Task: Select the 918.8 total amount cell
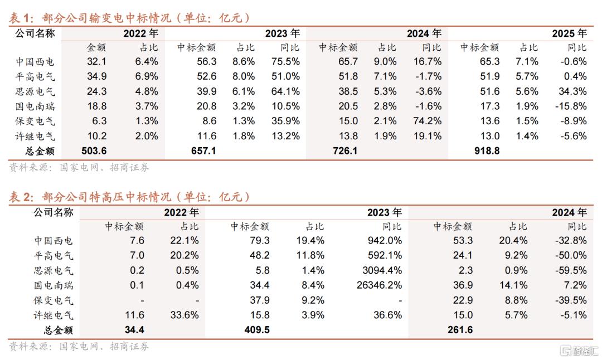click(487, 151)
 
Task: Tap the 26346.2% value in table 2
click(379, 286)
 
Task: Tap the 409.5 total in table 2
click(257, 330)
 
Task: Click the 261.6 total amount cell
click(460, 330)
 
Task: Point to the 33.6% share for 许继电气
click(185, 315)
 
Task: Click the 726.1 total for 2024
click(345, 151)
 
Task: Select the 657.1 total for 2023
click(203, 151)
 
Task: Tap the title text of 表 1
click(129, 18)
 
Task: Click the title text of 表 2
click(129, 197)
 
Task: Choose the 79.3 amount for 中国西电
click(260, 241)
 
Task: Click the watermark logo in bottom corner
click(577, 351)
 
